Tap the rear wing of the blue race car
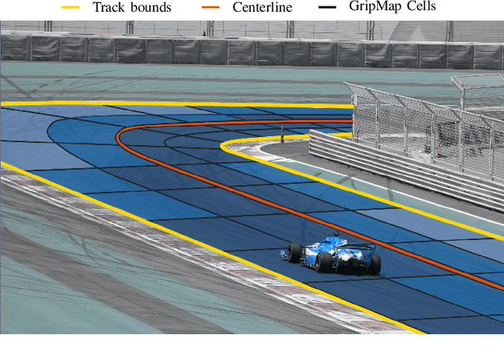[x=362, y=247]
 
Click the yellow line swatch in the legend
[x=72, y=7]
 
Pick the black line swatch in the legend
[x=333, y=7]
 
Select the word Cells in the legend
[x=421, y=6]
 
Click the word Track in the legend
[x=109, y=7]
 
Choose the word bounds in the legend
[x=151, y=7]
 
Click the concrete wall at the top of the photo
[x=236, y=51]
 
